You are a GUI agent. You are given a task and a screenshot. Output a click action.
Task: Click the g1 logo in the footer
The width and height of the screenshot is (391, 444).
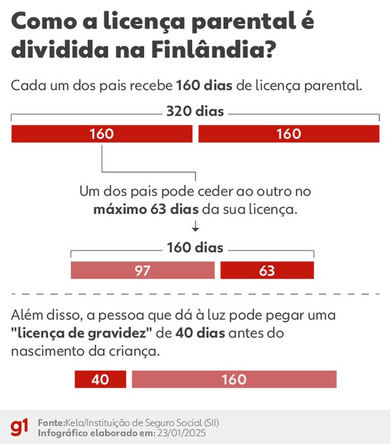coord(20,427)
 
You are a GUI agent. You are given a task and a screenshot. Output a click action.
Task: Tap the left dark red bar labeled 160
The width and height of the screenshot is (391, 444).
coord(102,134)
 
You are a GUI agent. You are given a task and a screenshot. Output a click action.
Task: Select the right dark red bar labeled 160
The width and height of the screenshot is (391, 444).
coord(288,134)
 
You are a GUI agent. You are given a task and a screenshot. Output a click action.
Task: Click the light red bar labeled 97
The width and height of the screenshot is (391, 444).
coord(143,270)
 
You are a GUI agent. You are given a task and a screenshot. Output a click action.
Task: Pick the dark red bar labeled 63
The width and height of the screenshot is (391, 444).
coord(267,270)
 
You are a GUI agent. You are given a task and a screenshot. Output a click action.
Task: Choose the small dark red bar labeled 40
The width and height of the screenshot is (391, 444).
coord(100,379)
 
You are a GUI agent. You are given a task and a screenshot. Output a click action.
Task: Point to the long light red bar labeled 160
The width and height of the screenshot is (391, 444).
coord(234,379)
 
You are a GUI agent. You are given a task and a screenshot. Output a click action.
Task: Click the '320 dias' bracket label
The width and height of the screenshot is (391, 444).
coord(195,111)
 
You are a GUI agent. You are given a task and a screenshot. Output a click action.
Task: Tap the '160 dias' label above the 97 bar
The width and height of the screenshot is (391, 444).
coord(195,248)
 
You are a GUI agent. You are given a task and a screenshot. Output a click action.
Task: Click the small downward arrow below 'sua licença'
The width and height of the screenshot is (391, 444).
coord(195,226)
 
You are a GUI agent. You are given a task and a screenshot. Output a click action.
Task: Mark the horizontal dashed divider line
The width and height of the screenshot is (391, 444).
coord(195,294)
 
